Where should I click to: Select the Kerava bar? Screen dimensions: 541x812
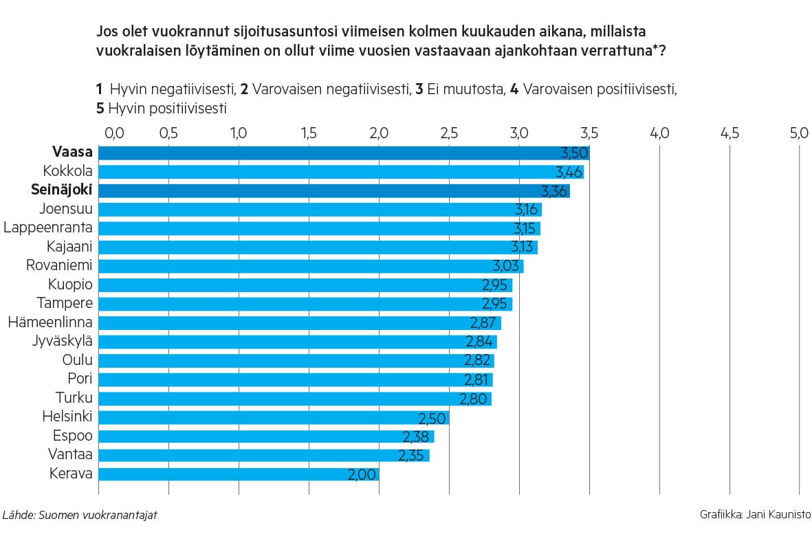(238, 473)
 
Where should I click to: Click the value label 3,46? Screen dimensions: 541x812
(569, 172)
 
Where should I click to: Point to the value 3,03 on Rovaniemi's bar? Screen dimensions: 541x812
(508, 265)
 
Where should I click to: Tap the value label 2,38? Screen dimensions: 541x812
(418, 436)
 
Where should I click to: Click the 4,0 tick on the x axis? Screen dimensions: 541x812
(659, 133)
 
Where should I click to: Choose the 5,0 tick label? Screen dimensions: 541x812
(799, 133)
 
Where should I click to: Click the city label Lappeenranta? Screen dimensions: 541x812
(48, 228)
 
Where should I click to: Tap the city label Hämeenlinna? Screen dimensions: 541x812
(50, 322)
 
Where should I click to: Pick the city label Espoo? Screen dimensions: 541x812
(73, 435)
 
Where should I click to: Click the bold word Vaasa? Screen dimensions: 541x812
(72, 153)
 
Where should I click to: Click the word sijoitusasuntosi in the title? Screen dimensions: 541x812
(289, 32)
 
